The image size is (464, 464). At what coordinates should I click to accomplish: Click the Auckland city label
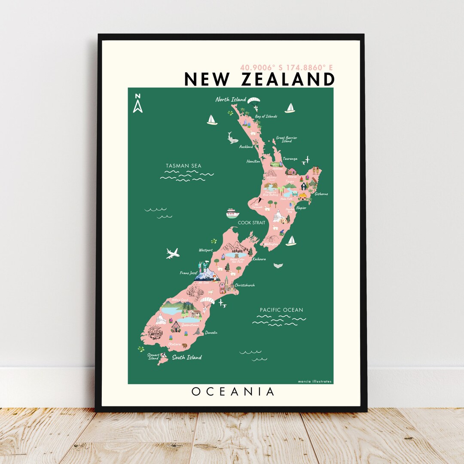click(246, 147)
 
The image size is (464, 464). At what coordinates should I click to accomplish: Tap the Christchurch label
click(244, 285)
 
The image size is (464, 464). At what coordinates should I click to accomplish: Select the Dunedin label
click(211, 333)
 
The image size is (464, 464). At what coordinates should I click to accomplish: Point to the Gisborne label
click(321, 194)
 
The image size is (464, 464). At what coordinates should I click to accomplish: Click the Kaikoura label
click(259, 259)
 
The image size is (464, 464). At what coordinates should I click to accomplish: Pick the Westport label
click(205, 250)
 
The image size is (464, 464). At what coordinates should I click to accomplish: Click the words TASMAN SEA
click(183, 166)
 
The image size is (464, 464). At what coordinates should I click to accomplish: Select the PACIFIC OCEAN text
click(281, 310)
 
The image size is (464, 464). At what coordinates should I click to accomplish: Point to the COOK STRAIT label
click(252, 223)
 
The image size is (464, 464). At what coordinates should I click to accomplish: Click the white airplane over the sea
click(173, 253)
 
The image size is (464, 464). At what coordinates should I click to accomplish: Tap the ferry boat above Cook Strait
click(232, 213)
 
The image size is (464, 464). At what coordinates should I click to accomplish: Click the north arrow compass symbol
click(137, 103)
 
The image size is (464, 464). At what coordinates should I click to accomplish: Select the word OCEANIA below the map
click(233, 392)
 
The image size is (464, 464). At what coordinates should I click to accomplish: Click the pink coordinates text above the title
click(287, 67)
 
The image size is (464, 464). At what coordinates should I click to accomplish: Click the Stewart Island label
click(153, 357)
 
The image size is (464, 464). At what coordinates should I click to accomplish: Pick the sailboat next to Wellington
click(291, 241)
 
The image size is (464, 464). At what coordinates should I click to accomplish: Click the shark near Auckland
click(233, 138)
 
